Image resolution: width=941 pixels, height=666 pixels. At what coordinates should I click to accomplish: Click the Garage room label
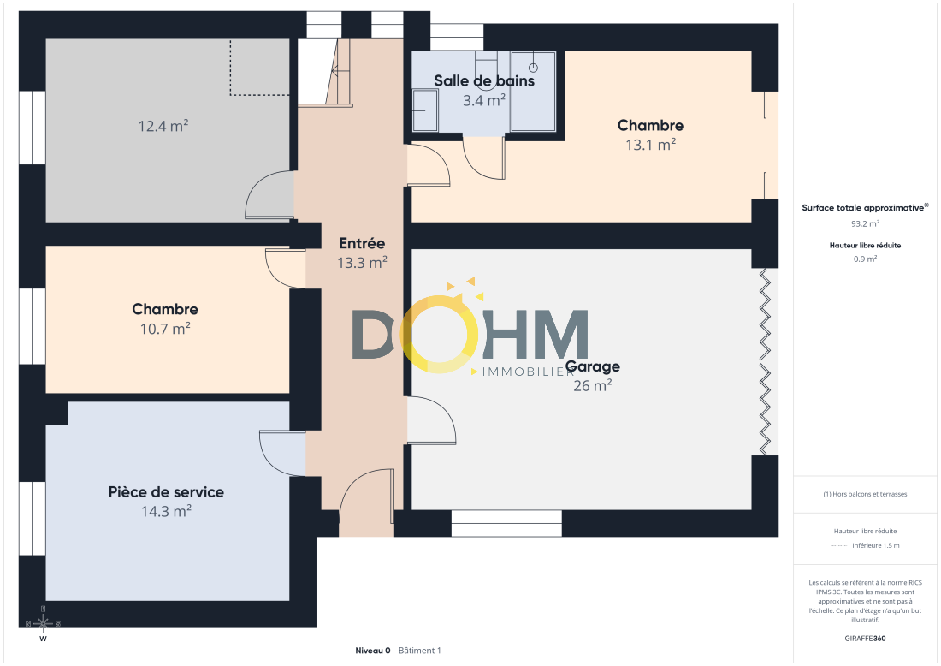point(592,366)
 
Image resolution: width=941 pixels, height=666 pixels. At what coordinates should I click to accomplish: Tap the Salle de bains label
point(483,80)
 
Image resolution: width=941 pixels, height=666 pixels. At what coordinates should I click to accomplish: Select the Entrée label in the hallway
point(362,243)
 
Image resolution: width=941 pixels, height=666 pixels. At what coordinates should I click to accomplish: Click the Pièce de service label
point(166,492)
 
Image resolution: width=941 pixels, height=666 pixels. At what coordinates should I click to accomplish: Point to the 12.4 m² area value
point(163,126)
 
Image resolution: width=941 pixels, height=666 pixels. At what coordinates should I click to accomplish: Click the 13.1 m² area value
point(650,145)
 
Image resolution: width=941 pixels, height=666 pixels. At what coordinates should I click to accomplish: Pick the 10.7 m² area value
point(165,329)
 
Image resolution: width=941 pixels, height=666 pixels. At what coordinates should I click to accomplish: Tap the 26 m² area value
point(592,385)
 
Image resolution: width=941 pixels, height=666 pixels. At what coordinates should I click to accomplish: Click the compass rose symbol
point(44,623)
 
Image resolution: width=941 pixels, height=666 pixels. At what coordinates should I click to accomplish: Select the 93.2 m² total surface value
point(865,223)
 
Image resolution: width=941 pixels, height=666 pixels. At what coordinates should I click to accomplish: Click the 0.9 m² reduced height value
point(865,259)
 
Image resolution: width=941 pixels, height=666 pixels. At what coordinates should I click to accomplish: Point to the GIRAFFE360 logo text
point(865,638)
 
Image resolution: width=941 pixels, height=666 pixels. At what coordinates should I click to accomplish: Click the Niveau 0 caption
point(373,651)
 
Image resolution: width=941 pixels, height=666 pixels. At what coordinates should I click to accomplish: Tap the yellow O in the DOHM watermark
point(440,334)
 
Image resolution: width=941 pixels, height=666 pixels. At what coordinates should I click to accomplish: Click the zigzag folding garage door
point(765,362)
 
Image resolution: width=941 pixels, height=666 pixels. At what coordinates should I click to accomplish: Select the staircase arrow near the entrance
point(340,71)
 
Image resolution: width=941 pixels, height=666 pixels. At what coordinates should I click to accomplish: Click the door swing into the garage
point(431,420)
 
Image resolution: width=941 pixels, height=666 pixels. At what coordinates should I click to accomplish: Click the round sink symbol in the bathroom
point(533,68)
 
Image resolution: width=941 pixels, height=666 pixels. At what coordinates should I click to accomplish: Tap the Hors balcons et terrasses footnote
point(865,494)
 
